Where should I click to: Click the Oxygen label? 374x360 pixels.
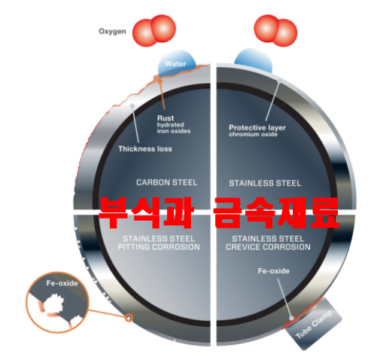(x=112, y=32)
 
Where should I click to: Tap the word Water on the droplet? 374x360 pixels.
(x=175, y=64)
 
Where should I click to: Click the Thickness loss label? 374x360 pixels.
(x=145, y=149)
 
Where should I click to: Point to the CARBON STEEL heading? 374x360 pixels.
(x=167, y=182)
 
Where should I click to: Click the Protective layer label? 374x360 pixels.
(x=257, y=127)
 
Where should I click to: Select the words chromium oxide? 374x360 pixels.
(x=253, y=134)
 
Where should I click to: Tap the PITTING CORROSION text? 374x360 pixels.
(x=159, y=247)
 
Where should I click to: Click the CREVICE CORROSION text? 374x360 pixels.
(x=268, y=247)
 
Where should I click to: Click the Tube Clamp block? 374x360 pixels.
(x=315, y=324)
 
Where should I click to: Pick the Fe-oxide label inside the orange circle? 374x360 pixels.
(x=62, y=283)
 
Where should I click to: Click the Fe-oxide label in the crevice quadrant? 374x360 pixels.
(x=274, y=271)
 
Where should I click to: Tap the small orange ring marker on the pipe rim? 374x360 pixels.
(x=129, y=318)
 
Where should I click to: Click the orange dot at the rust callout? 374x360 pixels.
(x=160, y=81)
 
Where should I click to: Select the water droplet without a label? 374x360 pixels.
(x=254, y=61)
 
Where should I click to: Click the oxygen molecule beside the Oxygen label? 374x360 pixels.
(x=154, y=31)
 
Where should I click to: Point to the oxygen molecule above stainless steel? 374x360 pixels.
(x=275, y=31)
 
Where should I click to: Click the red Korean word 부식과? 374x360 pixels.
(x=146, y=213)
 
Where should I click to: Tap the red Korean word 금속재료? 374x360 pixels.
(x=276, y=213)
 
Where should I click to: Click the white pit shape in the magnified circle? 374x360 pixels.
(x=55, y=304)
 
